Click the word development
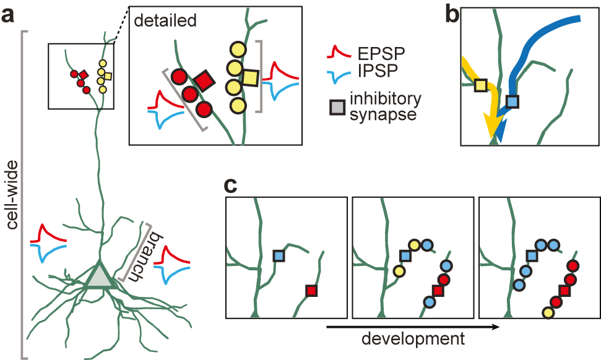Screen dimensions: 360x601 coord(413,338)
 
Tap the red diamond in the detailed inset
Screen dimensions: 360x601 coord(203,80)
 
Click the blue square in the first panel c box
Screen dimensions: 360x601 coord(279,255)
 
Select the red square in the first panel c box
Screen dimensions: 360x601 coord(311,290)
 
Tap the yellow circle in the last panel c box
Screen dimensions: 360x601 coord(548,313)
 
